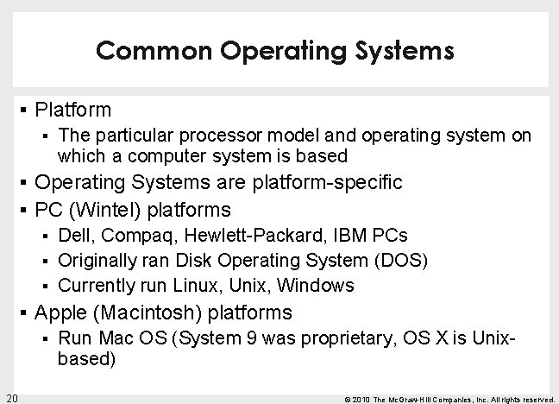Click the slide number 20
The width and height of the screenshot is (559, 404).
click(11, 397)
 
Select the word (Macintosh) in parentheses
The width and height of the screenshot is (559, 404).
click(150, 311)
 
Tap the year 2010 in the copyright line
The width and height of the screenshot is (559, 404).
click(361, 398)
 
